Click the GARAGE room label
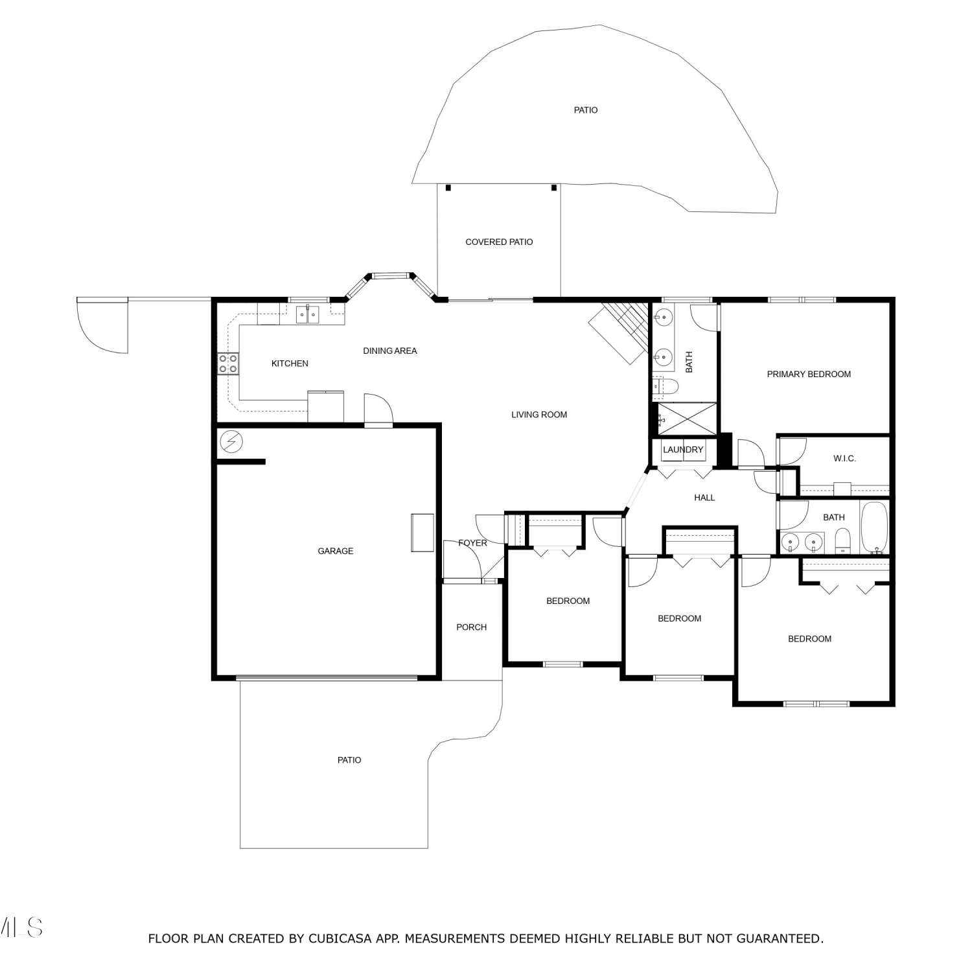point(335,551)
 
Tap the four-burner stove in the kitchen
point(227,364)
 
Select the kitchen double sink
point(308,315)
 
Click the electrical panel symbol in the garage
point(231,442)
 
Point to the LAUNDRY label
point(683,450)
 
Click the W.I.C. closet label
point(844,458)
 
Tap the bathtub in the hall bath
point(874,527)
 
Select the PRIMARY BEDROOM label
point(809,374)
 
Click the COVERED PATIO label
point(499,242)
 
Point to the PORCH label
point(471,627)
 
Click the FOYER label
point(472,543)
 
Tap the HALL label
point(704,498)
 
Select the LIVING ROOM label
point(539,415)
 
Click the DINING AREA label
point(390,351)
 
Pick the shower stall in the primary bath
point(687,419)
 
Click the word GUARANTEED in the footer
point(780,938)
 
